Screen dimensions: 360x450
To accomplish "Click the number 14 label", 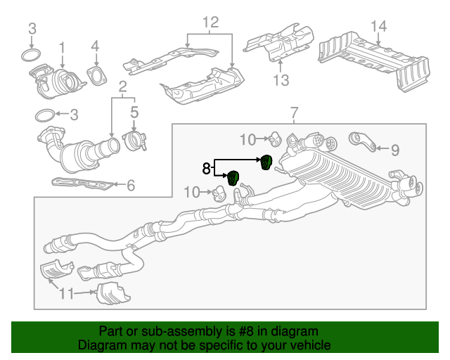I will click(x=378, y=27).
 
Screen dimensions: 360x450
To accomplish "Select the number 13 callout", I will click(x=281, y=81).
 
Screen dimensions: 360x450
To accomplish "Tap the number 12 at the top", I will click(x=211, y=22).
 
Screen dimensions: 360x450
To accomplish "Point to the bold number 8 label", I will click(x=206, y=168).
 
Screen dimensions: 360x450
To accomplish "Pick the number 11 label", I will click(x=65, y=293).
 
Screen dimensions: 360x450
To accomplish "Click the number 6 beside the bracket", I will click(x=130, y=186).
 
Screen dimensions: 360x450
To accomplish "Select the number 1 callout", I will click(x=62, y=48).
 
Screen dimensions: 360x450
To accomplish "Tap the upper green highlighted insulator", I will click(x=266, y=162).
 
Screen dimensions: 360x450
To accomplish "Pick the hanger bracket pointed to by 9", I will click(x=361, y=141).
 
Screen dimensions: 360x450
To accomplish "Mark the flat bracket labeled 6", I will click(x=81, y=185).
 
